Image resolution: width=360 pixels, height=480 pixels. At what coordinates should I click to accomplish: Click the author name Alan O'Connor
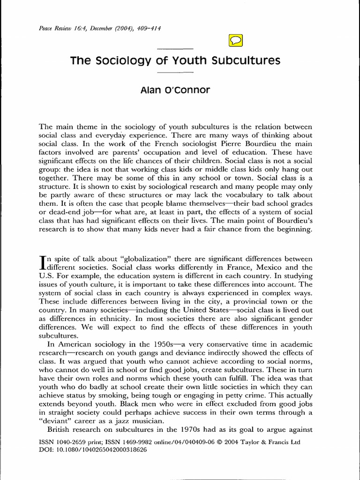[174, 90]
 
